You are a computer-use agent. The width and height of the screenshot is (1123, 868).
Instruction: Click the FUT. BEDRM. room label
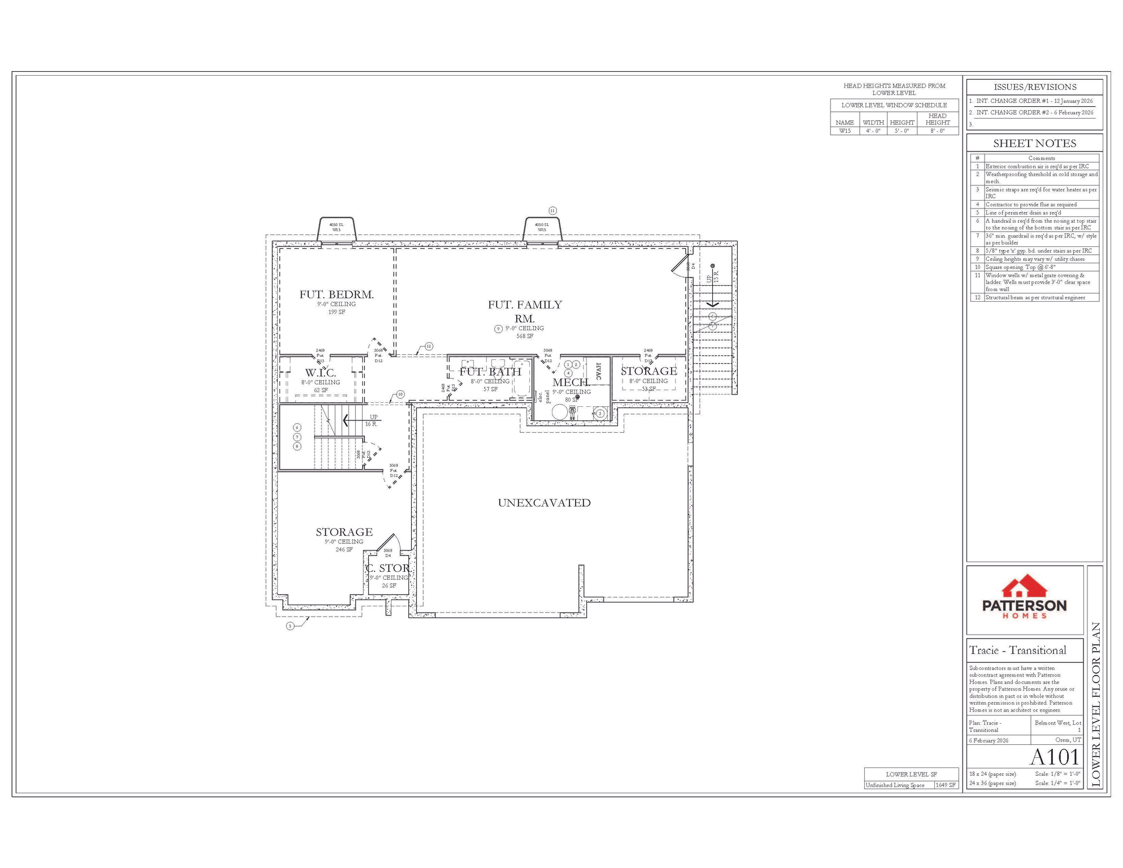336,294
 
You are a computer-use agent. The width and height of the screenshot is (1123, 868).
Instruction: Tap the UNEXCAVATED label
544,503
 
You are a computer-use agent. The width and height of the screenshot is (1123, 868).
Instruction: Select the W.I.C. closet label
320,373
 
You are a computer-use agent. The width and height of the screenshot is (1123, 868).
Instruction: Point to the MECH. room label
571,383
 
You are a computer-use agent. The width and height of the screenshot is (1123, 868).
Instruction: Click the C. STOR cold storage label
388,568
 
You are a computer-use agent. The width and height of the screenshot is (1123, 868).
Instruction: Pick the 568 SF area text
524,336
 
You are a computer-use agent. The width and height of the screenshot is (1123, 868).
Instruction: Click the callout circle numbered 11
552,211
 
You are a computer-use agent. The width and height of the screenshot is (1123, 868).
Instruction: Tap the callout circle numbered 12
429,346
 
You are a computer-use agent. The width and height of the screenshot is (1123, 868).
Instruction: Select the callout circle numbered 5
290,626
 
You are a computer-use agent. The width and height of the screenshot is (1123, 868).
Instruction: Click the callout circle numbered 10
401,394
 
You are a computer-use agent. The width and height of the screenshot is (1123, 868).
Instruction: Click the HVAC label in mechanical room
598,371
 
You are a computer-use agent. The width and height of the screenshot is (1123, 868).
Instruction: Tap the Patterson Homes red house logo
1024,587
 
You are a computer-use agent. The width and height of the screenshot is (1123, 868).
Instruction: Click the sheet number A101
1055,757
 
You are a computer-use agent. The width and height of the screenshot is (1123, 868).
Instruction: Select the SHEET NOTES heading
1034,144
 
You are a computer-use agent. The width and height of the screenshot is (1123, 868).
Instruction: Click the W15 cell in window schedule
845,131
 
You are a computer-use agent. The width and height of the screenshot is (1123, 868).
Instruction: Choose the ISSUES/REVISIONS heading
1034,87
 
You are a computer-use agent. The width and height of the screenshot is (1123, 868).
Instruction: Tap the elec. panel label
543,397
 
